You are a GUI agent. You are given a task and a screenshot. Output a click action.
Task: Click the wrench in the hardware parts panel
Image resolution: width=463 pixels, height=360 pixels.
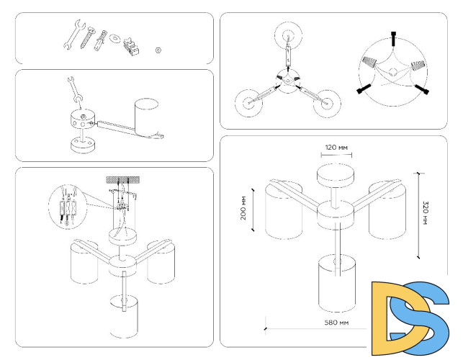(73, 37)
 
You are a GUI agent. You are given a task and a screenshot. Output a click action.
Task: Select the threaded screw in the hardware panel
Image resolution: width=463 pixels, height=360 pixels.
(91, 40)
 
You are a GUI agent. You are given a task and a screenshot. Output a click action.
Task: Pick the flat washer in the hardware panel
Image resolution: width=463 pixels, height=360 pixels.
(115, 37)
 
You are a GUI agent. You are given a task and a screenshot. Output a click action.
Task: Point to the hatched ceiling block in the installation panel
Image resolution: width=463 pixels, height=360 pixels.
(121, 177)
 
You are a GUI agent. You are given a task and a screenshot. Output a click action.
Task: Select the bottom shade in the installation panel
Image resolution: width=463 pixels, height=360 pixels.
(125, 315)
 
